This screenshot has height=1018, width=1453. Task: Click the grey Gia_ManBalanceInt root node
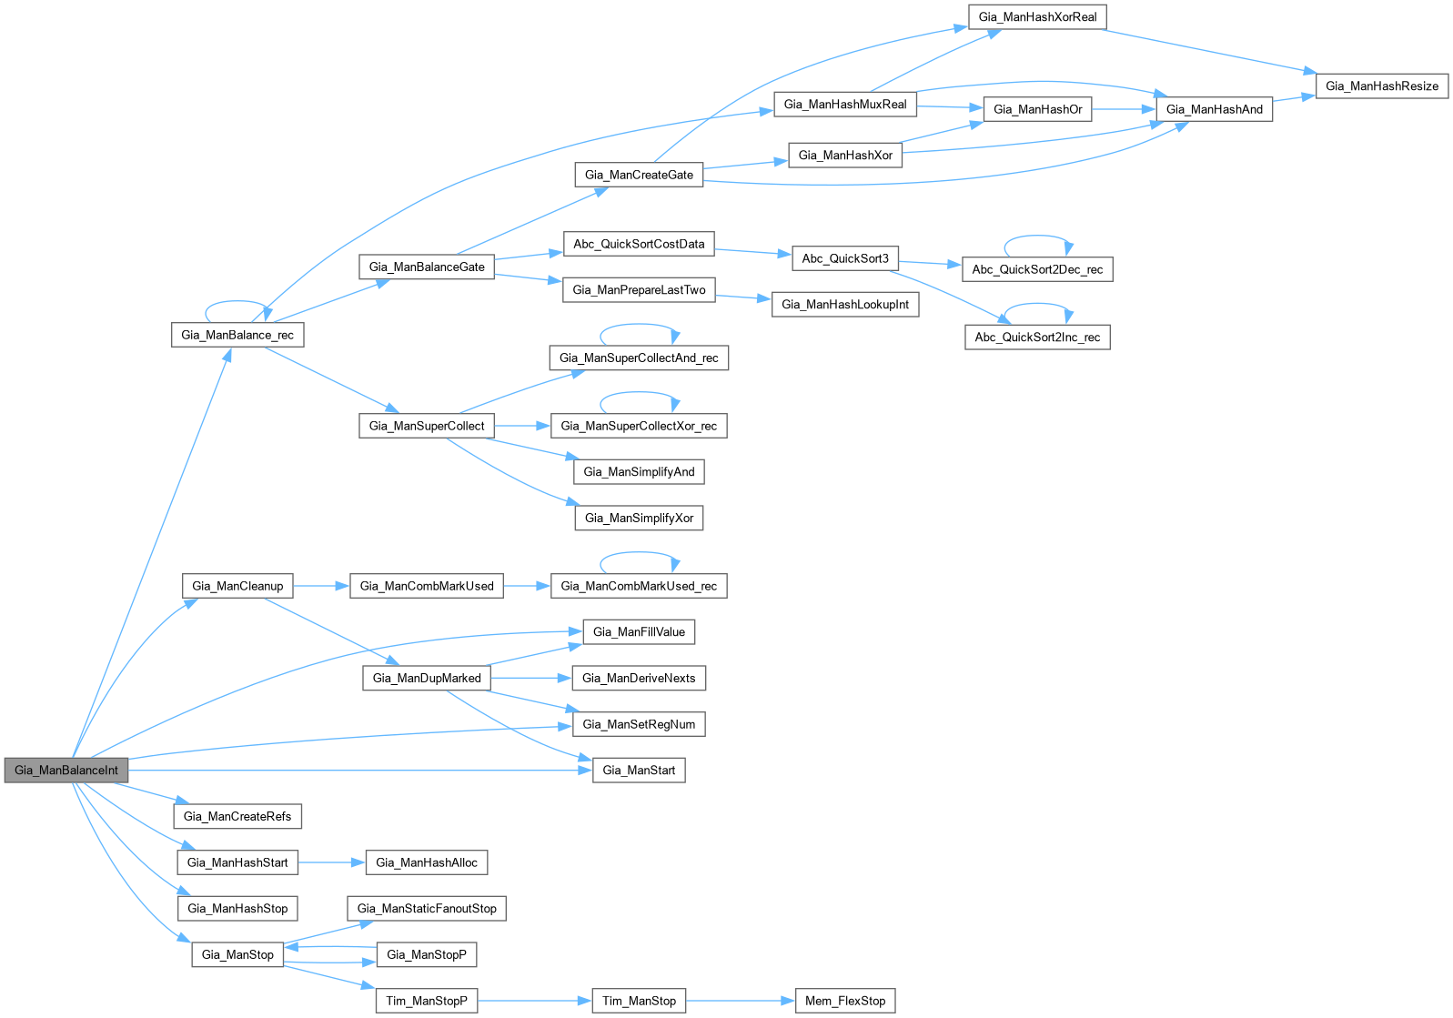click(66, 770)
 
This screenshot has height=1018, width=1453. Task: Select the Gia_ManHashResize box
click(1381, 86)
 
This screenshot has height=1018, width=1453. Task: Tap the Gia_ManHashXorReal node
click(1037, 17)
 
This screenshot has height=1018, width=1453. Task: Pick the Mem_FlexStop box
click(844, 1001)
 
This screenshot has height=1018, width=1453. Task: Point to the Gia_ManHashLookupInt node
click(844, 305)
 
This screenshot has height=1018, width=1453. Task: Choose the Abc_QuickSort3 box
click(844, 258)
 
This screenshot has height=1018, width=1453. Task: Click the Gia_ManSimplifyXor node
click(639, 518)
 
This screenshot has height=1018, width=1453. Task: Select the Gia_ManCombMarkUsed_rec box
click(639, 586)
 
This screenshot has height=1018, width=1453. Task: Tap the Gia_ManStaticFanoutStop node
click(427, 908)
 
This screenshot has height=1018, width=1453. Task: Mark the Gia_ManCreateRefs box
click(237, 816)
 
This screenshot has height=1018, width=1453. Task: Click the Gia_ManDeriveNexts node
click(639, 678)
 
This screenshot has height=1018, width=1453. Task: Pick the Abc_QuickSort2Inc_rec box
click(1037, 338)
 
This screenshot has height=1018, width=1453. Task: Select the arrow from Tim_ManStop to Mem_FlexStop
click(740, 1001)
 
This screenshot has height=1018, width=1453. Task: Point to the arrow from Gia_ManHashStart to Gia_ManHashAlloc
click(331, 862)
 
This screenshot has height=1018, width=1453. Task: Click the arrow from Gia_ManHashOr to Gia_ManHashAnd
click(1124, 109)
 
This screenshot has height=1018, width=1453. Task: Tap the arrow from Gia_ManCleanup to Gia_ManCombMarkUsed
click(321, 586)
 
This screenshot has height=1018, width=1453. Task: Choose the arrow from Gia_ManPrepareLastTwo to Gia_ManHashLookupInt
click(743, 297)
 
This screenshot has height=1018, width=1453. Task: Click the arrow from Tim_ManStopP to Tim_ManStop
click(534, 1001)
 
